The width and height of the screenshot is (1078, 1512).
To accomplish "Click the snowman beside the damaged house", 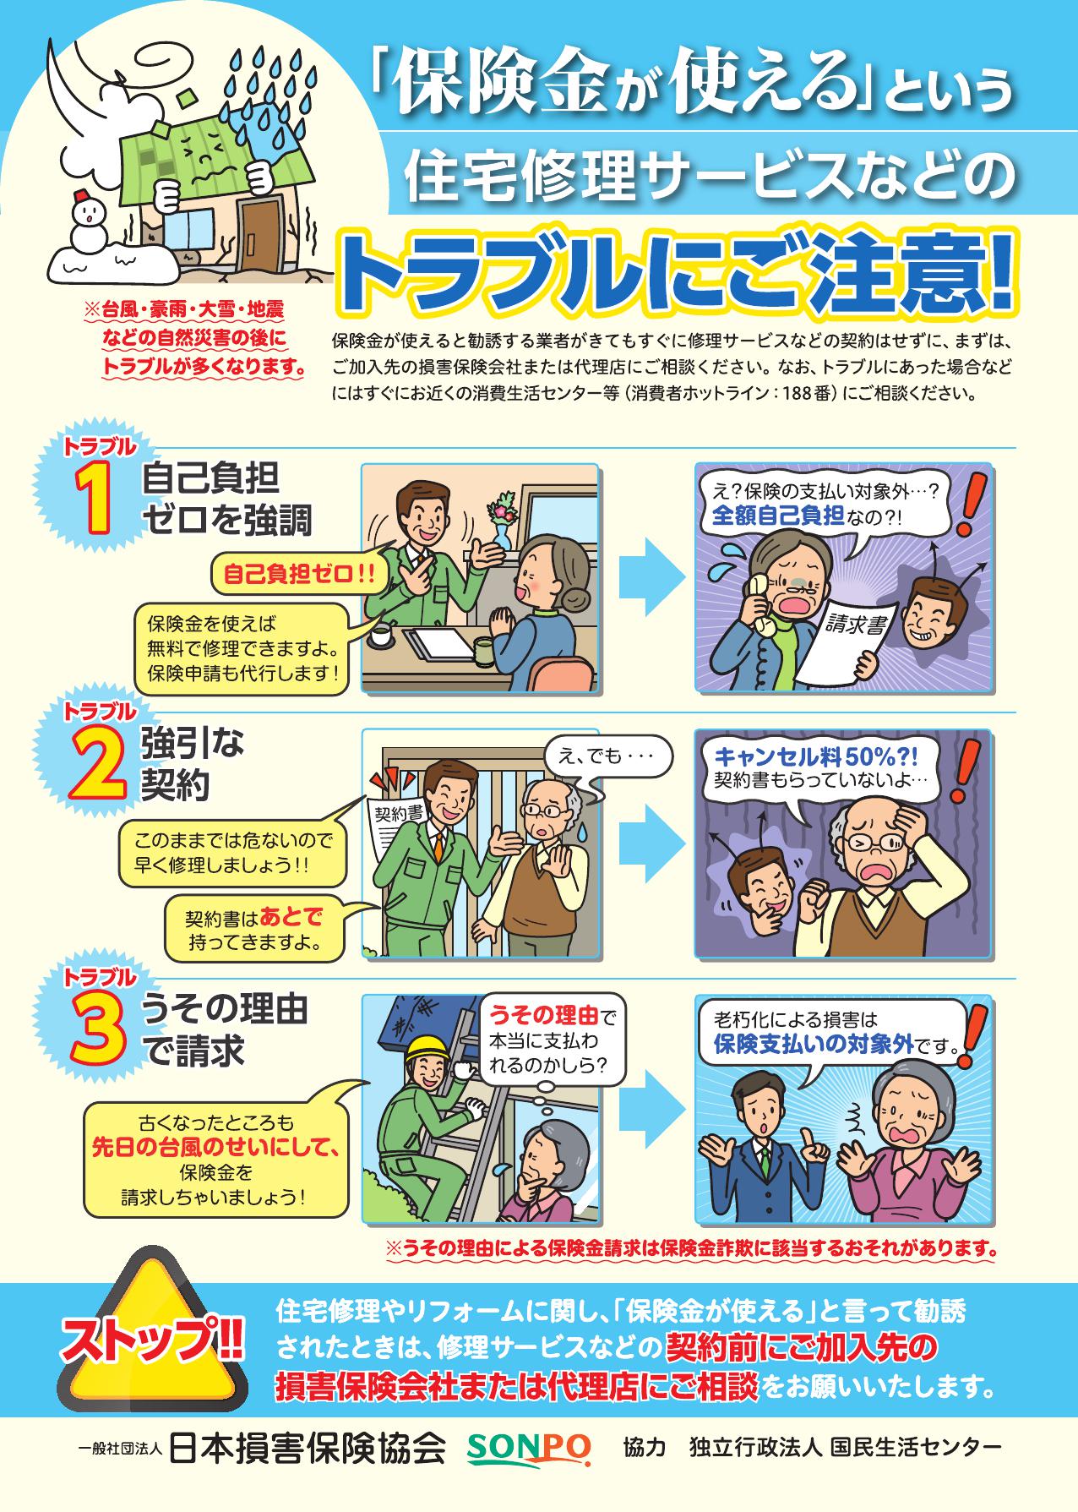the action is point(86,221).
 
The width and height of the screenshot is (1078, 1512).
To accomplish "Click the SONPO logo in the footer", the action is point(529,1448).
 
